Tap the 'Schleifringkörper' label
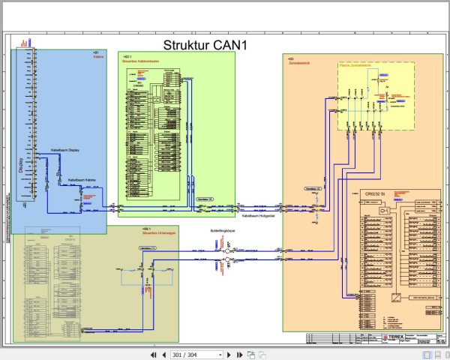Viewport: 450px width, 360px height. point(225,232)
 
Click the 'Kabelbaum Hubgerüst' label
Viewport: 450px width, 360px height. point(258,216)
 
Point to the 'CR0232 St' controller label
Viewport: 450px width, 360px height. point(376,193)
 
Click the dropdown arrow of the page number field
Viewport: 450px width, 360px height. point(220,354)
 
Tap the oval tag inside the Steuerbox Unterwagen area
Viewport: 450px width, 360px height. point(148,247)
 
